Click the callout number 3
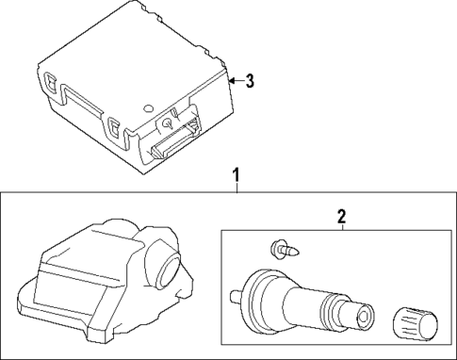point(250,81)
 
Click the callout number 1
point(237,176)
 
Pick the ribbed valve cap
point(415,324)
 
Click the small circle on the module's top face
point(148,108)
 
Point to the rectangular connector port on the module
point(175,139)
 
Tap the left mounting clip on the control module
point(50,82)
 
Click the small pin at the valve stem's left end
point(236,297)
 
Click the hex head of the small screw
point(276,250)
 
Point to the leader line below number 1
point(237,188)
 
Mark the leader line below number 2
point(342,227)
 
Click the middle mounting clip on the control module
point(113,128)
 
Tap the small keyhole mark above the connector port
point(168,123)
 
